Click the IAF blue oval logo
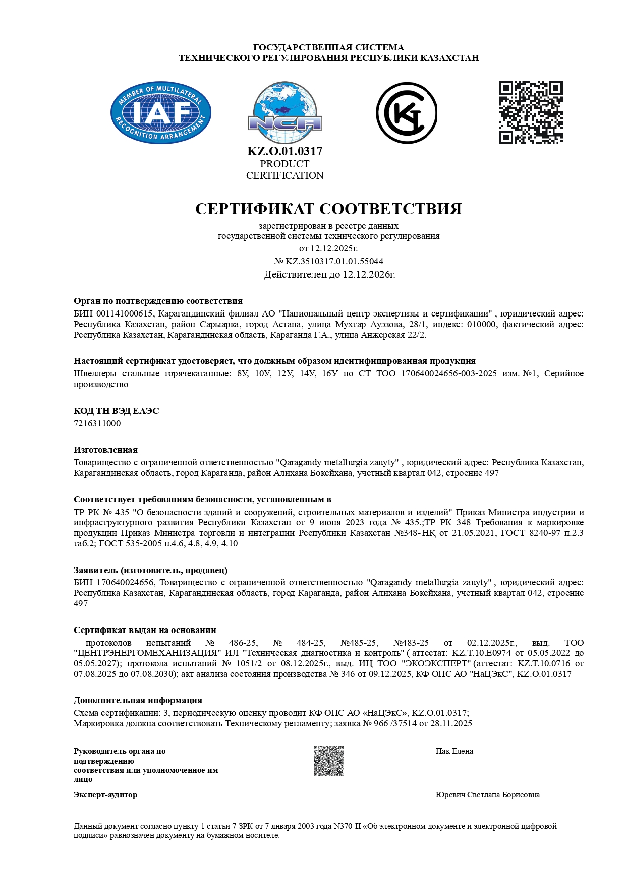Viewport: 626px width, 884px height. click(161, 113)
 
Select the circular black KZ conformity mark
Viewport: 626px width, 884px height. click(407, 113)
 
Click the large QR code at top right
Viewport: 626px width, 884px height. click(531, 112)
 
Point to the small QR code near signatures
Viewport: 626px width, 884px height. click(328, 761)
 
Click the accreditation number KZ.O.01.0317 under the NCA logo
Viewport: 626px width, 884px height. click(285, 151)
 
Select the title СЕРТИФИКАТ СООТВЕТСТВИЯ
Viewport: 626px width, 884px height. click(328, 209)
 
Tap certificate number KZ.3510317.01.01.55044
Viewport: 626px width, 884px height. click(334, 261)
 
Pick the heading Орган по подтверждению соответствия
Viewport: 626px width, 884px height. click(158, 301)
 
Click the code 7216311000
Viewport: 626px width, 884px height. click(97, 423)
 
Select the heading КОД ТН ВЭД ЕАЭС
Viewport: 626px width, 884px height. click(117, 411)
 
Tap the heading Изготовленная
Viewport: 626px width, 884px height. click(105, 450)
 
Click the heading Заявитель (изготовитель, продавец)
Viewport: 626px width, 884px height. click(150, 570)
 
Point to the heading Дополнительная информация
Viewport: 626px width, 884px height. click(138, 700)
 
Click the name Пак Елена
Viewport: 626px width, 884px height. click(454, 751)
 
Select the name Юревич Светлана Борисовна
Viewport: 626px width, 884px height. click(487, 795)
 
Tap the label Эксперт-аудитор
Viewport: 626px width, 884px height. click(105, 795)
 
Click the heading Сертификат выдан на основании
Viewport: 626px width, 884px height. click(145, 630)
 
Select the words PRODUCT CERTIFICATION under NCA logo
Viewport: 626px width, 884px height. click(285, 170)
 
